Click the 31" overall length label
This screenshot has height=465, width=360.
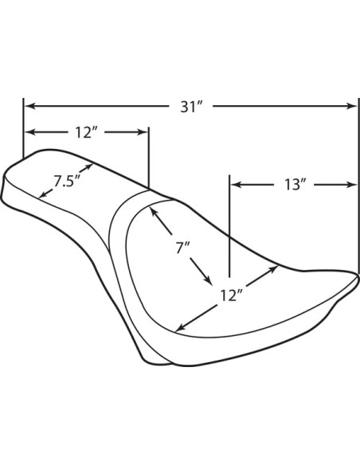pos(191,107)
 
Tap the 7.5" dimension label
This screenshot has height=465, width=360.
pos(68,181)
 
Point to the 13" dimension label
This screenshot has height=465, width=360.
pos(295,185)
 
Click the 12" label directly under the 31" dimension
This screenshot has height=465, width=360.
pos(86,132)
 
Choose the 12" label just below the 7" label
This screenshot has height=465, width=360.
pos(232,295)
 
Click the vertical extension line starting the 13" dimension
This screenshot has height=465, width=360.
pos(229,226)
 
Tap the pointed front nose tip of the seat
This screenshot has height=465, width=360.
pos(358,276)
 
